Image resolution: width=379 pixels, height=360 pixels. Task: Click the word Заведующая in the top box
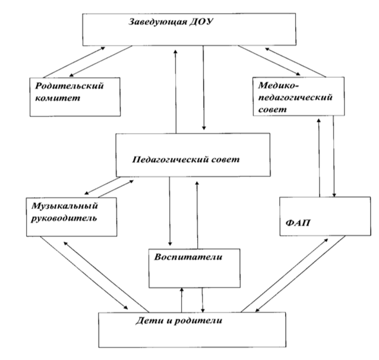[157, 22]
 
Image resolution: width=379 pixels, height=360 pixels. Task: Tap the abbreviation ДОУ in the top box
[201, 22]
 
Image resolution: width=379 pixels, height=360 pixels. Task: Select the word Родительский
[70, 86]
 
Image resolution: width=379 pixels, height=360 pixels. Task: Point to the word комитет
[58, 98]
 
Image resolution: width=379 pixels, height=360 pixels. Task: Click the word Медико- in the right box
[279, 85]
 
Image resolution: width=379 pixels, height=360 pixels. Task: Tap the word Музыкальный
[65, 206]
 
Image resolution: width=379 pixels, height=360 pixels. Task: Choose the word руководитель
[64, 219]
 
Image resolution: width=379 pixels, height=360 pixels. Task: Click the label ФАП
[298, 223]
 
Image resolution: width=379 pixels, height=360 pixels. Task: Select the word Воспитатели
[188, 257]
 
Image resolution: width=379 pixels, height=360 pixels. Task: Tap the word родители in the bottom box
[198, 321]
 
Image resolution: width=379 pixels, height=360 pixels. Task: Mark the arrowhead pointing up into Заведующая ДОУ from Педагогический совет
[175, 52]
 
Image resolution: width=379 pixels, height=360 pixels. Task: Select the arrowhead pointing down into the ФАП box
[334, 195]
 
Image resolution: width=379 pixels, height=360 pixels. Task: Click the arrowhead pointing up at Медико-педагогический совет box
[318, 121]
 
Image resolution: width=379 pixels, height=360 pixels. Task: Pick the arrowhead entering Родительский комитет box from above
[71, 75]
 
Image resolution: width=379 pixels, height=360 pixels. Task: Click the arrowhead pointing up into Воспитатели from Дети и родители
[182, 290]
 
